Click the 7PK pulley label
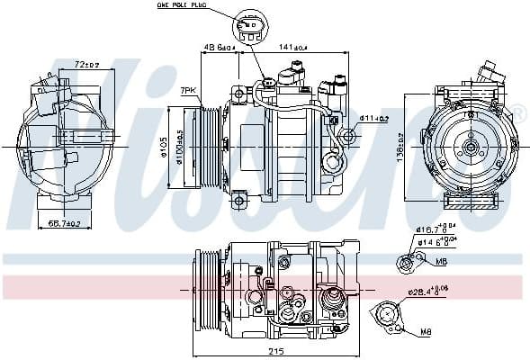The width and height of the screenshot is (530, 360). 187,91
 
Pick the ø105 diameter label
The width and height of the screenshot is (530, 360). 166,143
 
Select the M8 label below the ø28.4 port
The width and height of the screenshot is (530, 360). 425,332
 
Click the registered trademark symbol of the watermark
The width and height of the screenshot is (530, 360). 518,115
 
